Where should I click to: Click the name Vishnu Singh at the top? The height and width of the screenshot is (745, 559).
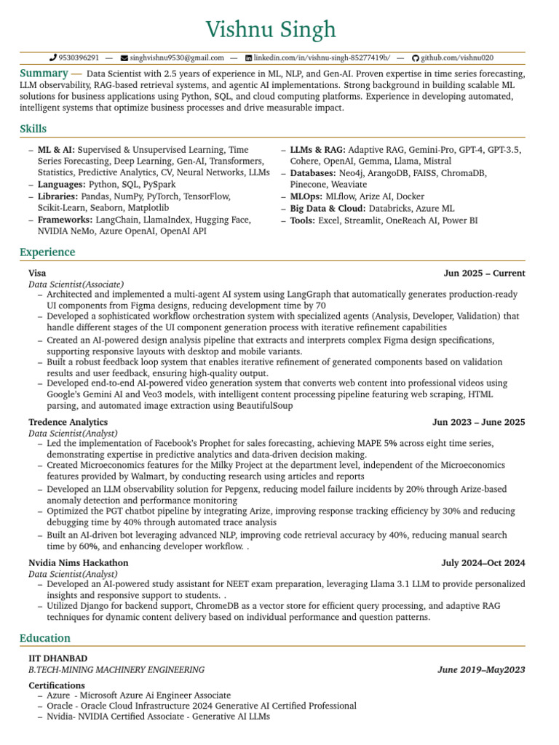271,30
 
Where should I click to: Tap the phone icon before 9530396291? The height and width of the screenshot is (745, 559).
52,57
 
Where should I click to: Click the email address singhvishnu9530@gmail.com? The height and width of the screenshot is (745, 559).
177,57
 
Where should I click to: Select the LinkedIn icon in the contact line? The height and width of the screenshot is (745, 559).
248,57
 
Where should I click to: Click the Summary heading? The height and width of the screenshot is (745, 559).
44,73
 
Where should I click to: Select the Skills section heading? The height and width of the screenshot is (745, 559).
33,129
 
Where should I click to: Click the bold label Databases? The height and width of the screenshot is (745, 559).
312,173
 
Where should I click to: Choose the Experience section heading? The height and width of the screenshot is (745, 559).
47,252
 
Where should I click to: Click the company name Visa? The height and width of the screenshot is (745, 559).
37,274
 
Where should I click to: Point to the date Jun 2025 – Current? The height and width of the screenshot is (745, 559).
484,274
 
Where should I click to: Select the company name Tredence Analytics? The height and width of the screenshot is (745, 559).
68,422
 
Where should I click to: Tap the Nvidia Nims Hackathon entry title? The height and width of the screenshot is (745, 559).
78,562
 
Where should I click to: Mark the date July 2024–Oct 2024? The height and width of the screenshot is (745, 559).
483,562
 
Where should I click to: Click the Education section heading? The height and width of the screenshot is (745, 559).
45,638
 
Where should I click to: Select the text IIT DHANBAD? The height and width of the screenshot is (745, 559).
58,658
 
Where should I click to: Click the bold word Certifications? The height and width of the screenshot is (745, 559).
57,685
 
